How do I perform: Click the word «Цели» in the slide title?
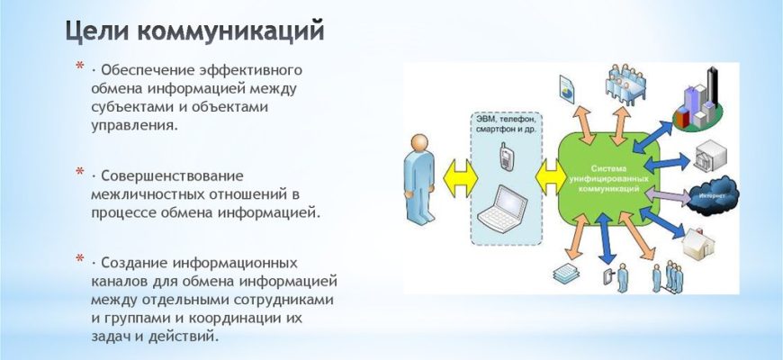[97, 31]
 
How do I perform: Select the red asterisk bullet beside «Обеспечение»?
[80, 66]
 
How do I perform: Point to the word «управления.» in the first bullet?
[134, 125]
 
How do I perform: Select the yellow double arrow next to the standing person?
[459, 178]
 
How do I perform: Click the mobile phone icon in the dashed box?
[506, 157]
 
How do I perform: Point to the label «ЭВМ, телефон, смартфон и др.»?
[506, 124]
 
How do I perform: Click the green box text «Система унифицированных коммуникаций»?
[607, 179]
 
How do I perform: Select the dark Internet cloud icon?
[713, 197]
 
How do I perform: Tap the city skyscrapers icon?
[698, 103]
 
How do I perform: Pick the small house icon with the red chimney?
[699, 244]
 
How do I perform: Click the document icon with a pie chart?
[566, 88]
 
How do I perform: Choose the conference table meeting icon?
[625, 85]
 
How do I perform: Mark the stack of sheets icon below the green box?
[566, 273]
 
